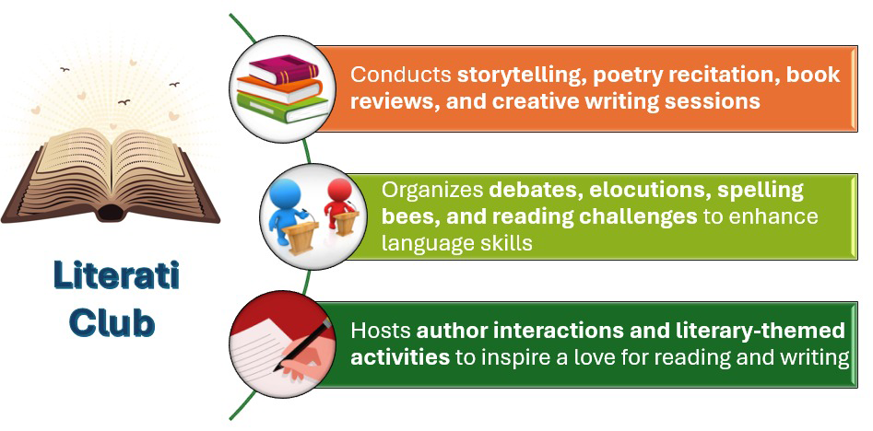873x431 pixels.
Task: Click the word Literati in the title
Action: [116, 276]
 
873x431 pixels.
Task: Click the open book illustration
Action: [111, 174]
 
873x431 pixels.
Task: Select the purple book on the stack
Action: [284, 69]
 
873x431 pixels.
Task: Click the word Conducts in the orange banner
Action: [400, 75]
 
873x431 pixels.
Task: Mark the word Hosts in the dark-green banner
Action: [381, 332]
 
